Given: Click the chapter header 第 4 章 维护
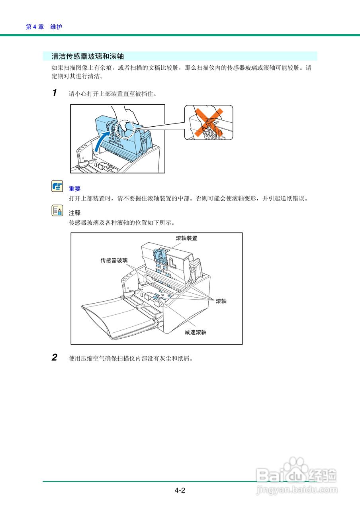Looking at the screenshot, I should pyautogui.click(x=44, y=27).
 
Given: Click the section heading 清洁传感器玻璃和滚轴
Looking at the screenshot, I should pyautogui.click(x=88, y=56).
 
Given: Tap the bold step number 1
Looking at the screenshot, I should pyautogui.click(x=55, y=92).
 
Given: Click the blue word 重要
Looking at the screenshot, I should pyautogui.click(x=74, y=189).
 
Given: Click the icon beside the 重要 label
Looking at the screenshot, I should pyautogui.click(x=57, y=186).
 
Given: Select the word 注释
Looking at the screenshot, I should pyautogui.click(x=74, y=213).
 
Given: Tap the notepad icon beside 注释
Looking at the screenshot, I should pyautogui.click(x=57, y=210).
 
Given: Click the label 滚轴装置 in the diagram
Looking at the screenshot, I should pyautogui.click(x=186, y=238).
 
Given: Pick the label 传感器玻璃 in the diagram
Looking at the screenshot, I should pyautogui.click(x=114, y=261).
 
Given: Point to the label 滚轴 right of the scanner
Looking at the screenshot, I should pyautogui.click(x=221, y=301).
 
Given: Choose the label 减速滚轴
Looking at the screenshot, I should pyautogui.click(x=195, y=332).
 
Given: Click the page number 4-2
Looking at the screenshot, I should pyautogui.click(x=180, y=490).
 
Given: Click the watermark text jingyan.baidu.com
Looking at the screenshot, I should pyautogui.click(x=297, y=489).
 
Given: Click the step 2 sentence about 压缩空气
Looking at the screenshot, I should pyautogui.click(x=131, y=358).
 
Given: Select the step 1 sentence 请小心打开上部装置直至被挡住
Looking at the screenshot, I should pyautogui.click(x=113, y=94).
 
